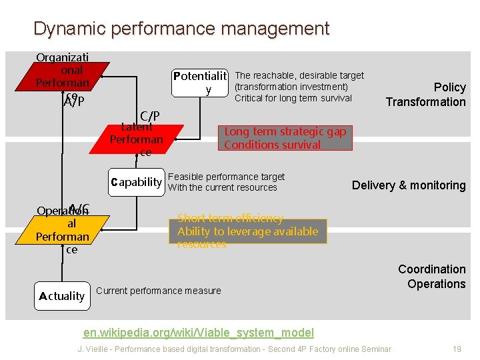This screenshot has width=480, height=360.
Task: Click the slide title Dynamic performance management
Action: click(x=181, y=29)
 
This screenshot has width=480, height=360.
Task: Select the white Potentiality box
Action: click(x=200, y=82)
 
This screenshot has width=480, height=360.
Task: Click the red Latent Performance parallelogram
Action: click(x=137, y=139)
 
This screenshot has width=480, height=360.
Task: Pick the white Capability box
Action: click(x=137, y=182)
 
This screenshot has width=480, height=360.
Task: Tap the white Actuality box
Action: click(x=62, y=296)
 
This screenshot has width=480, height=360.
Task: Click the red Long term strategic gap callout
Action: click(x=285, y=138)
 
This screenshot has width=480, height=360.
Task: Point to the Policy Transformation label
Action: click(x=427, y=95)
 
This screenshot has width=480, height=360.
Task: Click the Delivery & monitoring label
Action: click(x=409, y=185)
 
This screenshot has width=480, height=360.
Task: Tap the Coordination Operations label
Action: click(x=431, y=277)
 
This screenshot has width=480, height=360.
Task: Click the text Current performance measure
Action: click(x=159, y=291)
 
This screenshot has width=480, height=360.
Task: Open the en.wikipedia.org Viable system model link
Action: click(x=199, y=333)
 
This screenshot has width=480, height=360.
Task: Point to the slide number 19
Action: click(x=457, y=349)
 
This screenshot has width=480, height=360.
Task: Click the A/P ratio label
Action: click(x=74, y=101)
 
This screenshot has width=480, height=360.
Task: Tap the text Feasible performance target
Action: click(x=227, y=177)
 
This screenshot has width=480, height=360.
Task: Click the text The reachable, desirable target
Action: click(x=299, y=75)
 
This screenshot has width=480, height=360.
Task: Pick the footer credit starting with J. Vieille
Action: click(x=235, y=349)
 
